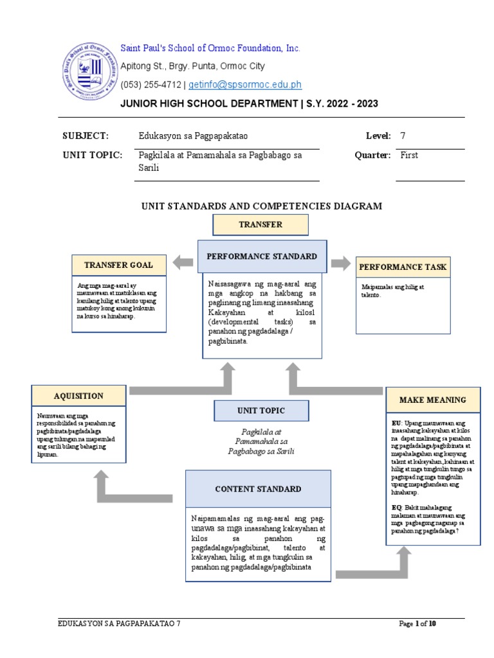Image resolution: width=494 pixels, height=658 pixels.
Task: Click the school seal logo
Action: click(91, 70)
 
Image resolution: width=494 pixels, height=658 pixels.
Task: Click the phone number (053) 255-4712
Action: click(152, 85)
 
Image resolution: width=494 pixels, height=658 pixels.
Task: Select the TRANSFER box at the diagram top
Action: click(261, 225)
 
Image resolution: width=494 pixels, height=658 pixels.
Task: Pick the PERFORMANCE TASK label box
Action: click(403, 267)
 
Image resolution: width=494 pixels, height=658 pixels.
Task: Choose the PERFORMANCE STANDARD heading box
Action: click(261, 256)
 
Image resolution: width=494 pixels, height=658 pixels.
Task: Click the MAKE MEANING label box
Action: click(432, 400)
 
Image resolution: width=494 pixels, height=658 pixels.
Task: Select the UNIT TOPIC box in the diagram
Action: click(261, 411)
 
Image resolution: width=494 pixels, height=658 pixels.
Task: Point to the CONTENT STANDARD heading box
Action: click(258, 489)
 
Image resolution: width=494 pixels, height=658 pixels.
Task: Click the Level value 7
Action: click(403, 136)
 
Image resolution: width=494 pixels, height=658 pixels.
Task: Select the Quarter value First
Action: click(409, 156)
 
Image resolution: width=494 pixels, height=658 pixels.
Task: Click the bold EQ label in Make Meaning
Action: click(396, 508)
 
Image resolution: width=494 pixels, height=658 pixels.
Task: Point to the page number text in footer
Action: click(418, 624)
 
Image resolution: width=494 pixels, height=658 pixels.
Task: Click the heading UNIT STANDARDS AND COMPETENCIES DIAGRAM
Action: click(262, 206)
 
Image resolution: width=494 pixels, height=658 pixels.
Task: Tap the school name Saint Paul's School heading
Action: click(210, 49)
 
